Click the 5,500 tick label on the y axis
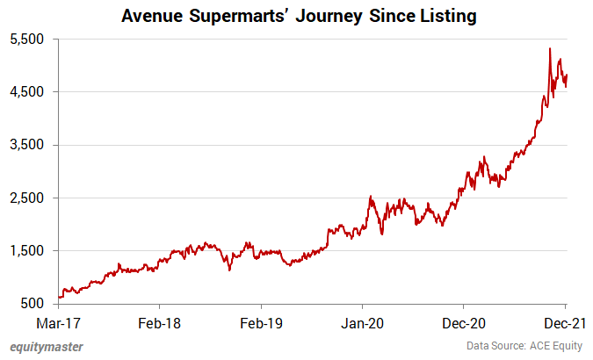click(26, 40)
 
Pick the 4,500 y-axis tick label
click(26, 92)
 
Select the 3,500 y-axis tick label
click(26, 145)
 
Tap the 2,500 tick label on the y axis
click(26, 198)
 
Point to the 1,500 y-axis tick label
click(26, 250)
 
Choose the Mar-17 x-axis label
click(59, 322)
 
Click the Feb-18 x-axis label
click(160, 322)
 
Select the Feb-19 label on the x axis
click(262, 322)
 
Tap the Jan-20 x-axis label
click(363, 322)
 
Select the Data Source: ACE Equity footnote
click(525, 346)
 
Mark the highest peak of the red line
click(550, 48)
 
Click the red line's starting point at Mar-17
click(59, 297)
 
